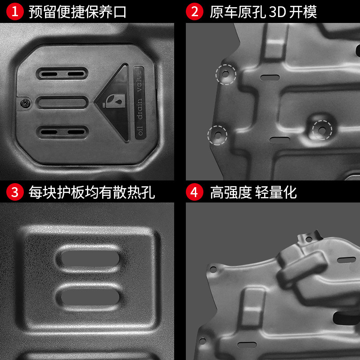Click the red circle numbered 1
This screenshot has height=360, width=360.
[x=14, y=12]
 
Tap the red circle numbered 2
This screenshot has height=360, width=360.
[x=194, y=12]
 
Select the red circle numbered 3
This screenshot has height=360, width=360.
[x=14, y=192]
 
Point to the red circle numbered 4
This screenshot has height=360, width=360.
[x=194, y=192]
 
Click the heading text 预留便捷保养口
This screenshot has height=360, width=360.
[x=77, y=12]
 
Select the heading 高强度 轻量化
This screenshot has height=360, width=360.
[x=253, y=192]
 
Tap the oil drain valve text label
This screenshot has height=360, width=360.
[x=139, y=104]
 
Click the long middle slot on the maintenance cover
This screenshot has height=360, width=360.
[x=62, y=103]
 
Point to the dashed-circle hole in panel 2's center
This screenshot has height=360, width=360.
[x=322, y=129]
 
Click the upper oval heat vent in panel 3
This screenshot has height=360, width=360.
[x=90, y=261]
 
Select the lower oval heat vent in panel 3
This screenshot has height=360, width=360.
[x=90, y=296]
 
